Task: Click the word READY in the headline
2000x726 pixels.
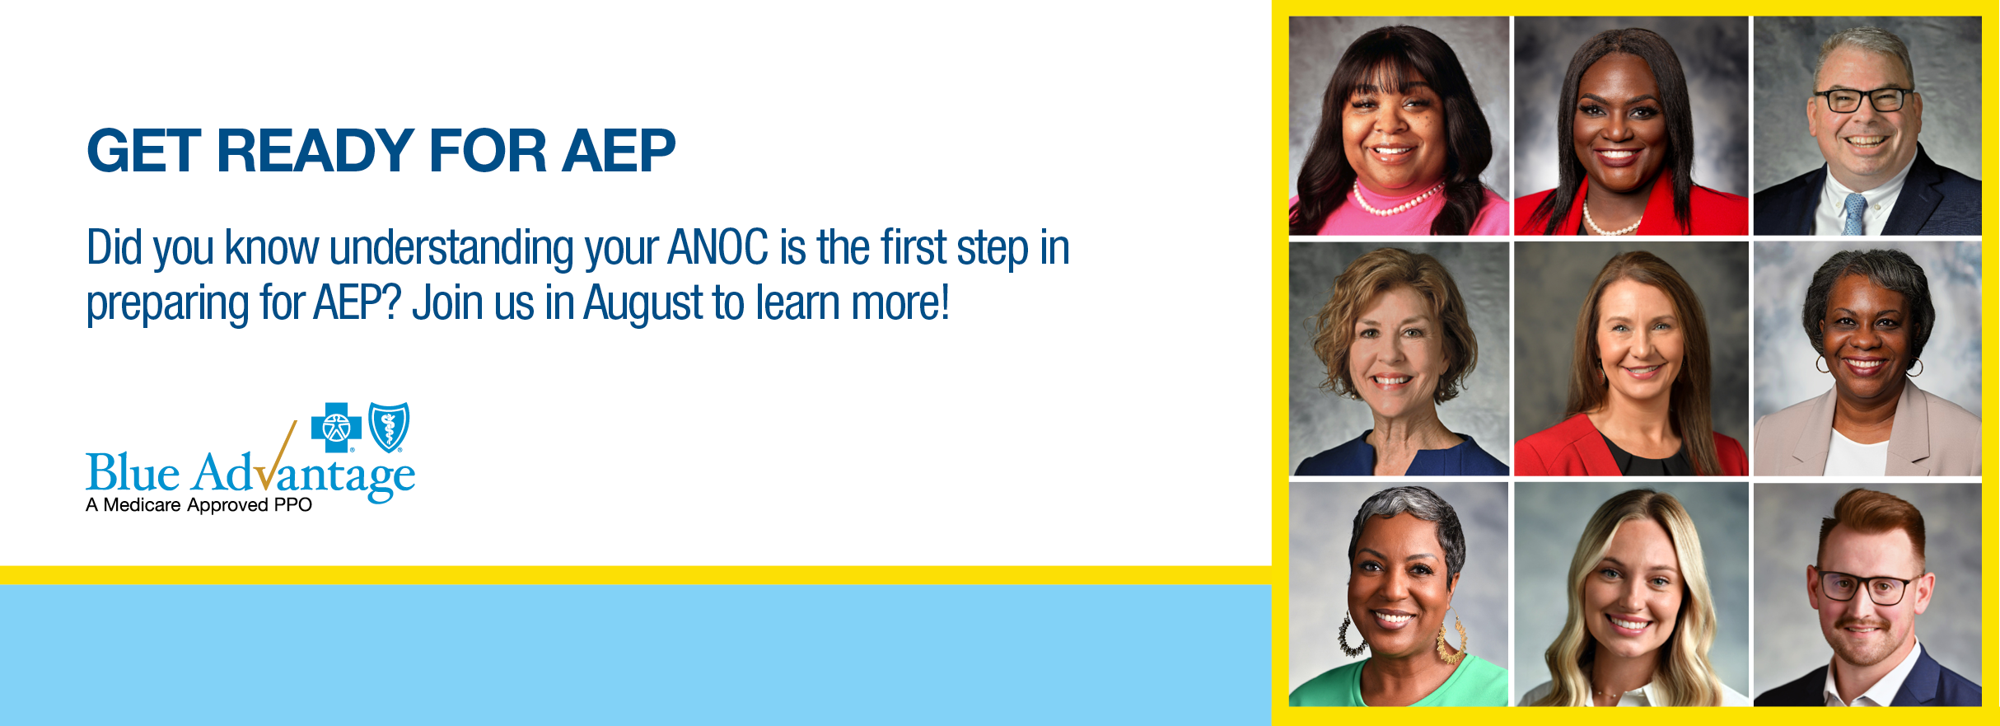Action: click(315, 151)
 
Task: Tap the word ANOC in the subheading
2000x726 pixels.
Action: click(718, 247)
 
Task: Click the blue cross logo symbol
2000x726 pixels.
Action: click(336, 427)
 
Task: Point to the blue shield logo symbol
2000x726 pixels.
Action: click(389, 427)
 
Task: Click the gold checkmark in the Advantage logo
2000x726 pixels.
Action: click(277, 457)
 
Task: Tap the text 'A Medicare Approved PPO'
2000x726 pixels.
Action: click(199, 504)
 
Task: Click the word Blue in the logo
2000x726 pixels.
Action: click(133, 473)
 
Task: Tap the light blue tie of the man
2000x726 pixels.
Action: click(1854, 213)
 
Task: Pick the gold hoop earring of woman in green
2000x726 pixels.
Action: click(1452, 639)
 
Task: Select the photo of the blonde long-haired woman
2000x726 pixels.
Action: click(1631, 594)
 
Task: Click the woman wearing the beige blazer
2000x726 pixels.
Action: click(1867, 358)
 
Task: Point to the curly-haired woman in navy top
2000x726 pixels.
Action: click(1399, 358)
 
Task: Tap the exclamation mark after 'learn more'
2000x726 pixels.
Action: click(945, 302)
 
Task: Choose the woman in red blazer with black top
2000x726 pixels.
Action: click(1631, 358)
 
